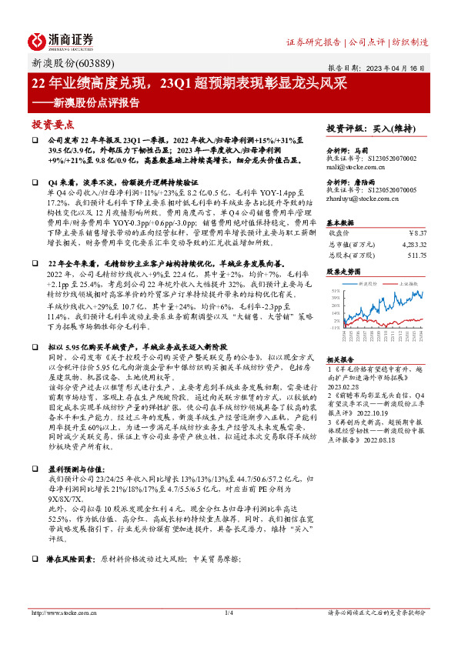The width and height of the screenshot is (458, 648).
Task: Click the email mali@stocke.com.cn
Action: (358, 165)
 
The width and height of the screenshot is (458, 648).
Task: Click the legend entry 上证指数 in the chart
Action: (409, 283)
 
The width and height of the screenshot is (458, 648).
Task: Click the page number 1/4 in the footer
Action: (229, 613)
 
